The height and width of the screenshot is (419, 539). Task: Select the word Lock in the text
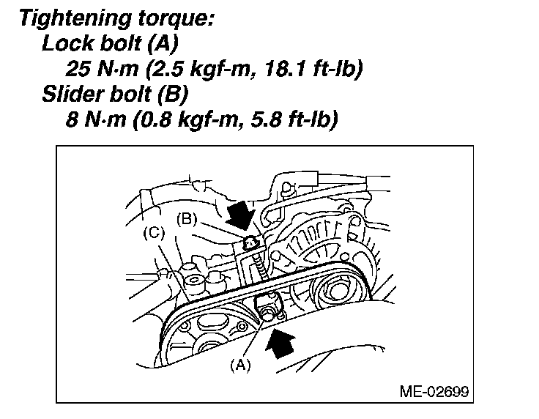64,44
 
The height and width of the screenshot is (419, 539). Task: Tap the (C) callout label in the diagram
154,233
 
